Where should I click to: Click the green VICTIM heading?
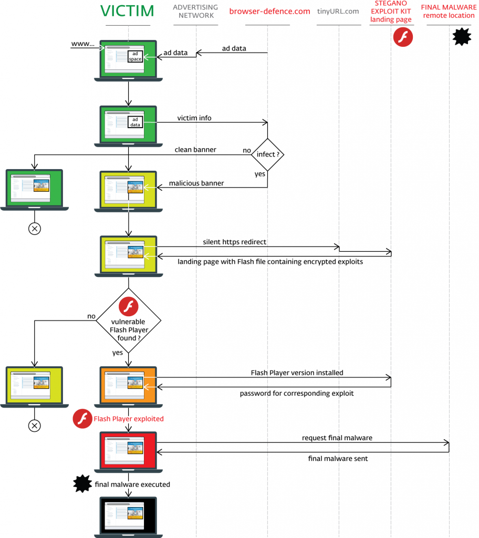coord(128,12)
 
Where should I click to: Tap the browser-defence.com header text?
coord(269,12)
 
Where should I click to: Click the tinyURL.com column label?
coord(338,12)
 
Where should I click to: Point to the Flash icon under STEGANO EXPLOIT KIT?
coord(404,37)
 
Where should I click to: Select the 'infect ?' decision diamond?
coord(268,155)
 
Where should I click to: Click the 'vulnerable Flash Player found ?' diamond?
coord(128,320)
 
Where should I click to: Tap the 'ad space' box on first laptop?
coord(136,57)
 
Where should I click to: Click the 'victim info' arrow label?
coord(194,118)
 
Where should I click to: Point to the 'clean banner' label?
coord(195,150)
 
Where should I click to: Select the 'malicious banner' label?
coord(196,183)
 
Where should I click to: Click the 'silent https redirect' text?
coord(234,242)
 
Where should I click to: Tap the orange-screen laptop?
coord(128,387)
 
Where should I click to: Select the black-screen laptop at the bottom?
coord(128,516)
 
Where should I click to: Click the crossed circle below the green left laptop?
coord(35,228)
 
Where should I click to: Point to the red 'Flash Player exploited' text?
coord(129,419)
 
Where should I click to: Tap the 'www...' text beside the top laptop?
coord(83,45)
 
